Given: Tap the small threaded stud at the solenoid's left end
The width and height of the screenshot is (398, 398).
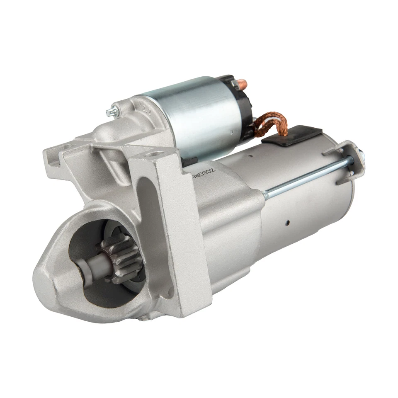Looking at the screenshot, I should pyautogui.click(x=112, y=111).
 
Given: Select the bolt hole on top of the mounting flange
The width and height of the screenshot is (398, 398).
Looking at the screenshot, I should pyautogui.click(x=154, y=154).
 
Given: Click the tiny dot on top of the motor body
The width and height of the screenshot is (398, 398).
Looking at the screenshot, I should pyautogui.click(x=250, y=156).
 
